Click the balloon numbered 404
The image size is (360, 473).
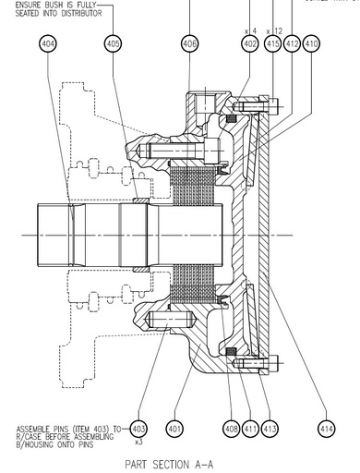point(49,43)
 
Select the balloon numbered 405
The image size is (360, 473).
point(114,43)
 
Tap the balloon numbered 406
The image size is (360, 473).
point(189,43)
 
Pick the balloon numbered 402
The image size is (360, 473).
point(249,43)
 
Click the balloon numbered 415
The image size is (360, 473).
point(272,43)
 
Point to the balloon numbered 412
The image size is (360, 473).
point(292,43)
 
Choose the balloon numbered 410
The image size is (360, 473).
point(311,43)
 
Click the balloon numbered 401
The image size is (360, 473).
point(174,429)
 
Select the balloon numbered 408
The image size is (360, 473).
point(231,429)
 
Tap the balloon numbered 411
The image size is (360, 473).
point(251,429)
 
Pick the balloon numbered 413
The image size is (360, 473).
point(270,429)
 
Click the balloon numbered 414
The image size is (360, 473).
point(327,429)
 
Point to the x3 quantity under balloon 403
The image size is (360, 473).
point(138,443)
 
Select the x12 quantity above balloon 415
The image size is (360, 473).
point(271,30)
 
